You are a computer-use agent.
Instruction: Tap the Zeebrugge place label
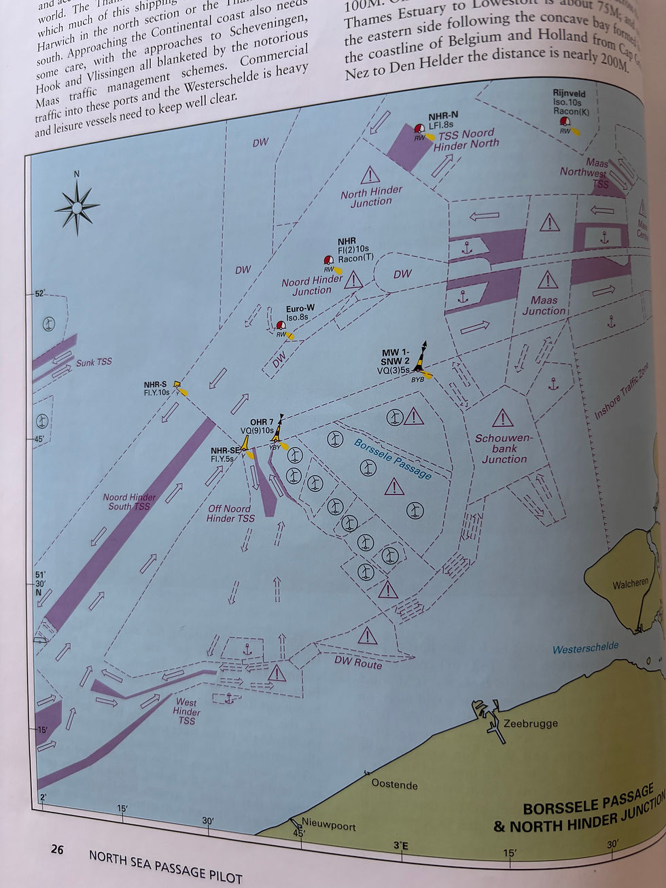click(530, 724)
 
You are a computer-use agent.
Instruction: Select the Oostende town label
click(394, 784)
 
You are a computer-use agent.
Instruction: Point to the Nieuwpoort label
click(328, 825)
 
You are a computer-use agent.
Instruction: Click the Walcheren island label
click(630, 584)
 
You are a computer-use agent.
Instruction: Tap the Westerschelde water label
click(585, 647)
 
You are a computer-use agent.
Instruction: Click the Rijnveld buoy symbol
click(565, 123)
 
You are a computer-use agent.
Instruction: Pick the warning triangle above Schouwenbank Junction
click(502, 418)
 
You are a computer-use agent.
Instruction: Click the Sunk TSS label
click(94, 362)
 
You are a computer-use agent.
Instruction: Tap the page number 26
click(57, 849)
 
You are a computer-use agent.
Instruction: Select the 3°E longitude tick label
click(401, 846)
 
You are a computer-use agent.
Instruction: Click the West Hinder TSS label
click(186, 711)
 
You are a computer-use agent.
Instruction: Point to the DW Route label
click(358, 661)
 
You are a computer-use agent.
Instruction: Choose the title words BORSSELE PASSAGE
click(588, 800)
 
